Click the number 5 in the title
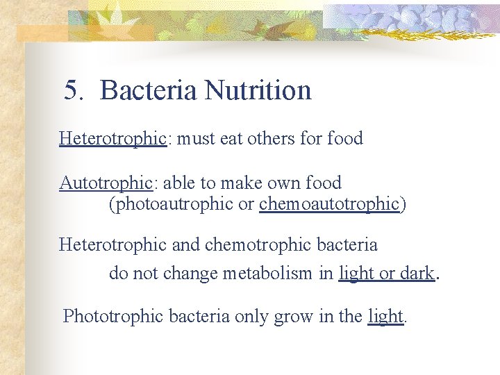pos(70,90)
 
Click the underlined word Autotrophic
pos(105,183)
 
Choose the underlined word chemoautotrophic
pos(329,204)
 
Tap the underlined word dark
pos(417,273)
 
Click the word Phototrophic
pos(107,316)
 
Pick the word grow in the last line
pos(294,316)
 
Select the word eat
pos(231,138)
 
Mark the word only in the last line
pos(251,316)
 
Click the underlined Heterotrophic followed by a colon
pos(112,138)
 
